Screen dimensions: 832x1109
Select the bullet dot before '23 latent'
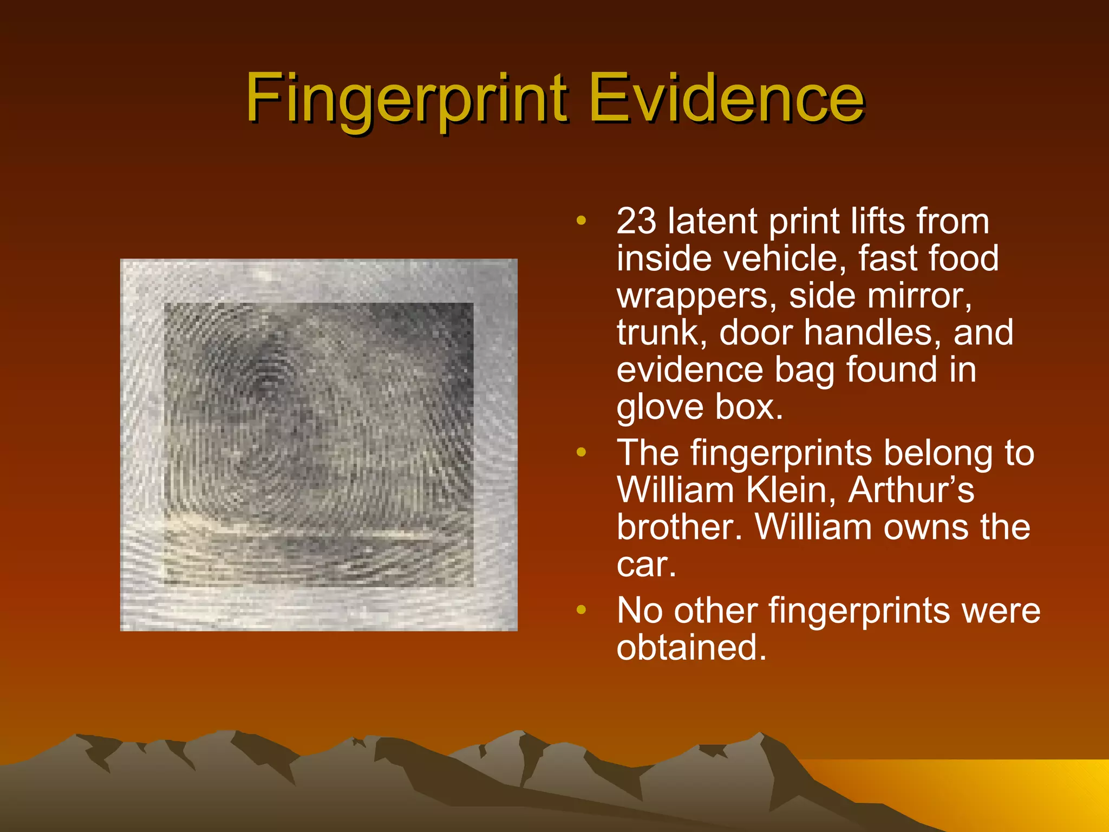click(x=581, y=220)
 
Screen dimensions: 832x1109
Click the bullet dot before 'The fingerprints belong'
click(x=581, y=452)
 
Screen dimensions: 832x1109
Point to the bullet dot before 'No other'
click(x=581, y=610)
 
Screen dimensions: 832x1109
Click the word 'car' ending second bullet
click(x=644, y=565)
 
